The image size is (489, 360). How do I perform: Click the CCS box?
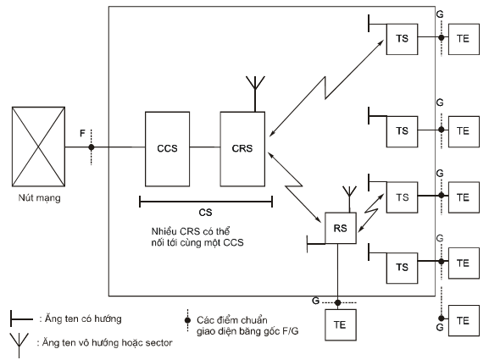167,149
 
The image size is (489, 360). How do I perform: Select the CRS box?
242,149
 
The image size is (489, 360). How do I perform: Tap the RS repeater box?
340,228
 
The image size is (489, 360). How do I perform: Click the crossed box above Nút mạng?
38,147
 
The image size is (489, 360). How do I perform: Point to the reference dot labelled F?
91,147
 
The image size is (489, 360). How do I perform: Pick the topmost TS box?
402,39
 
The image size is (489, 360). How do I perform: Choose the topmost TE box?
464,39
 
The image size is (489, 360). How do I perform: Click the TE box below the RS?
340,324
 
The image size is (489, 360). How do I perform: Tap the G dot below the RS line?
337,302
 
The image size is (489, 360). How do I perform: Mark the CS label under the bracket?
205,213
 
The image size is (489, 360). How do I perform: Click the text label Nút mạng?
39,198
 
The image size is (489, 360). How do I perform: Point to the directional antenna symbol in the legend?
21,318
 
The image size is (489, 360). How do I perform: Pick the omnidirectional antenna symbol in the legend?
19,346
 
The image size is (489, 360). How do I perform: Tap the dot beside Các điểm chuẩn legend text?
187,320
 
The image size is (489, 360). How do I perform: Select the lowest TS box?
402,268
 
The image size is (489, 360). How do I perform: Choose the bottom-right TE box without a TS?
464,321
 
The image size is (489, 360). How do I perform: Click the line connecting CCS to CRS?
205,147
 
